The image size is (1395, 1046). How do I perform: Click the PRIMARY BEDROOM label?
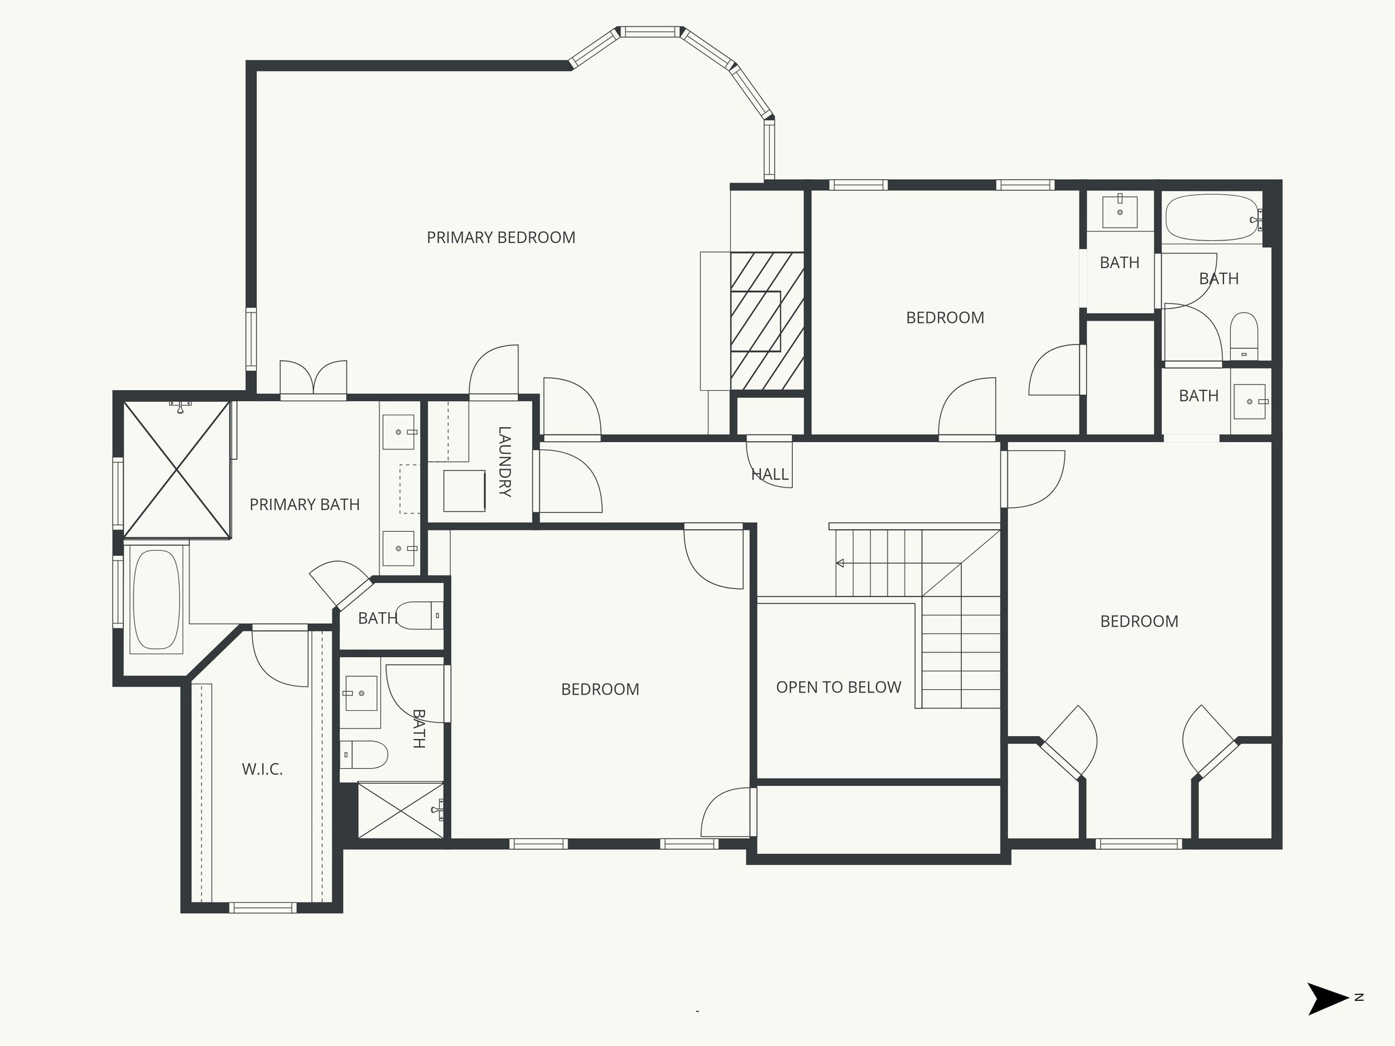[501, 238]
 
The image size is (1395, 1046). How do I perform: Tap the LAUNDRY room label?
[505, 461]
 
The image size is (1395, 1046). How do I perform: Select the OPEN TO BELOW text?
[838, 688]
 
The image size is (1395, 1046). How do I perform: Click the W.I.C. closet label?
[262, 770]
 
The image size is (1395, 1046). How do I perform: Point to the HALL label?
[770, 475]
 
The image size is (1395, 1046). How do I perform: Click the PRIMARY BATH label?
[304, 505]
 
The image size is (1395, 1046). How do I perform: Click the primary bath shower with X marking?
[176, 470]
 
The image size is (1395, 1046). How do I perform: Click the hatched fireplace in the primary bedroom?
[767, 321]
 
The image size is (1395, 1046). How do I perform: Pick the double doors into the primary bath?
[313, 378]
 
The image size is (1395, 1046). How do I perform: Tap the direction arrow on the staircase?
[841, 563]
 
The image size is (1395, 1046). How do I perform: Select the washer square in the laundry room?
[464, 490]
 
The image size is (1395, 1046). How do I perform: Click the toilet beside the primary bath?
[417, 616]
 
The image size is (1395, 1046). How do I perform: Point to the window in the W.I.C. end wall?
[262, 907]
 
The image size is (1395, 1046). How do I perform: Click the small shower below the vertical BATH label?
[401, 810]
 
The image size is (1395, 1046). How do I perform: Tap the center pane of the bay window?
[649, 31]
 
